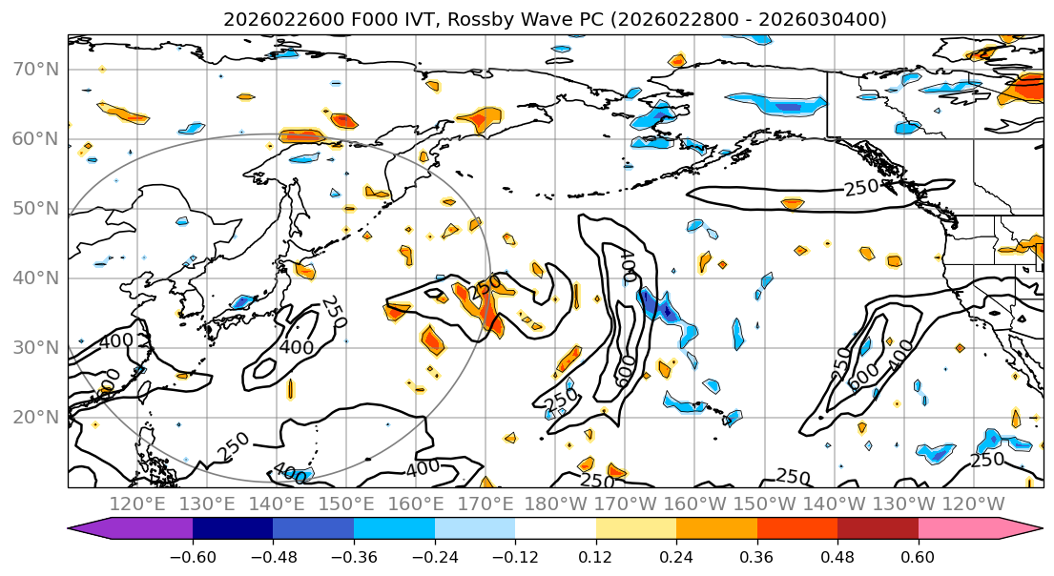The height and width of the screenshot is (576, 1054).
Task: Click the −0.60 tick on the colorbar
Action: click(193, 556)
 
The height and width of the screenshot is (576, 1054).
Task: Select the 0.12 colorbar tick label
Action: click(595, 556)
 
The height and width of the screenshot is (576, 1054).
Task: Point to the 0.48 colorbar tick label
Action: click(837, 556)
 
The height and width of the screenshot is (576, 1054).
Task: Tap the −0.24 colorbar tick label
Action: click(434, 556)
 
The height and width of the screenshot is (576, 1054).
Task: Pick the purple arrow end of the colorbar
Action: click(80, 529)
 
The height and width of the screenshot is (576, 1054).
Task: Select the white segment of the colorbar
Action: click(555, 529)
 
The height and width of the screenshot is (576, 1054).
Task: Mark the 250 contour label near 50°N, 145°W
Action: click(860, 188)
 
